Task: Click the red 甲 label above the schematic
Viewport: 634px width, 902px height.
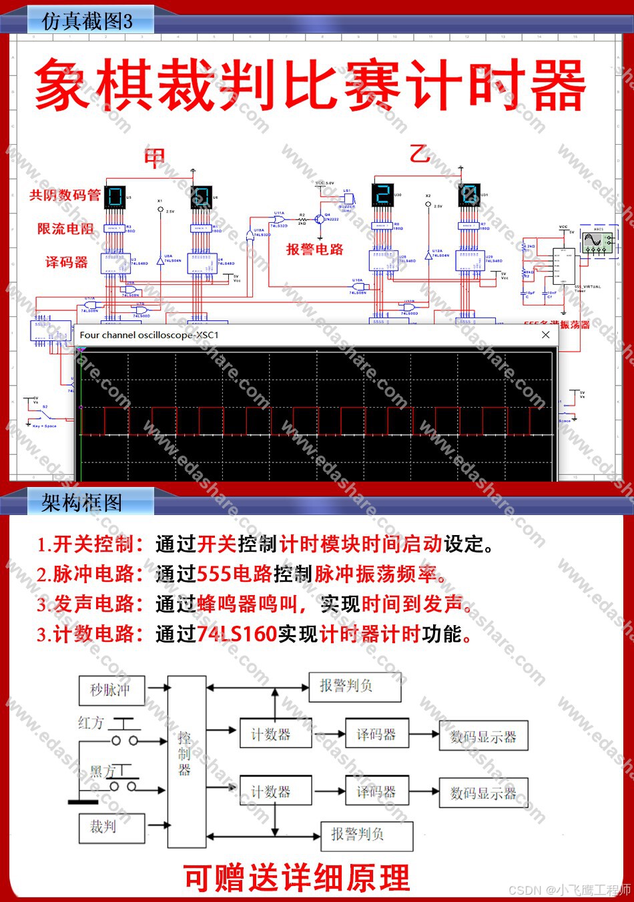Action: click(155, 158)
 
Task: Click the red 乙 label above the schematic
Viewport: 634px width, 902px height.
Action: click(420, 154)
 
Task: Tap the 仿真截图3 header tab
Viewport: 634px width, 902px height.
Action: click(87, 21)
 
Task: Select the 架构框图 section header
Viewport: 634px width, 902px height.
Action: click(82, 502)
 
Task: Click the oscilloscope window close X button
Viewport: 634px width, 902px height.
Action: click(545, 335)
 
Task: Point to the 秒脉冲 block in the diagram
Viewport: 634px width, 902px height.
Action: click(110, 690)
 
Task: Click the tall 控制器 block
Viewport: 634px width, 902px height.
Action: click(186, 761)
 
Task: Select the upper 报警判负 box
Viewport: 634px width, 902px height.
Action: click(354, 686)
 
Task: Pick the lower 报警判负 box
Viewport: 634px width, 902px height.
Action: click(366, 834)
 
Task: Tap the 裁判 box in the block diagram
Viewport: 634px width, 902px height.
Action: click(111, 827)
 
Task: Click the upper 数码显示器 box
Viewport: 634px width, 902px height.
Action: click(483, 737)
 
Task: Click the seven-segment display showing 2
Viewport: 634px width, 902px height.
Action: click(382, 195)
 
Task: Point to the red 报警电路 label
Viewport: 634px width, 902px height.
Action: click(314, 250)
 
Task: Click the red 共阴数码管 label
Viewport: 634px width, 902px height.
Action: click(65, 195)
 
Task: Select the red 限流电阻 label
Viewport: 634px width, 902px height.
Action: click(65, 229)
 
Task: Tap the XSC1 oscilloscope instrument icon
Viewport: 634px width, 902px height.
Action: click(597, 240)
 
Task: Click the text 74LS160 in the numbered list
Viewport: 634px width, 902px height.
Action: click(236, 634)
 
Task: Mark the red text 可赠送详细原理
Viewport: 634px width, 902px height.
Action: click(296, 878)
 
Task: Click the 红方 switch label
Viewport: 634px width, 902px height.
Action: click(91, 723)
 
